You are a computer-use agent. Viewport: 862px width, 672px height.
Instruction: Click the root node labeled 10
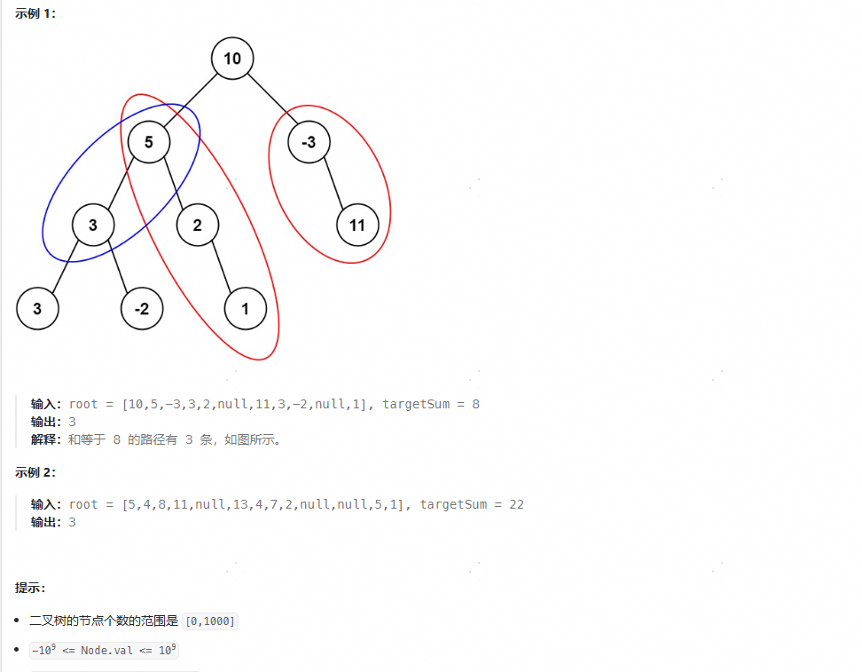coord(232,59)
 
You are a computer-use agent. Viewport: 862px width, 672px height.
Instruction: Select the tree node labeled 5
coord(148,142)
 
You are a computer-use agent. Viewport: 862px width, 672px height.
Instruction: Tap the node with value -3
coord(310,142)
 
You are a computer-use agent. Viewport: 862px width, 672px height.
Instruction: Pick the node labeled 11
coord(357,225)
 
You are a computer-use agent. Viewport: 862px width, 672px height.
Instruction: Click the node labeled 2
coord(197,225)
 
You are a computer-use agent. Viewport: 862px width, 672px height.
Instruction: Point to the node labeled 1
coord(246,309)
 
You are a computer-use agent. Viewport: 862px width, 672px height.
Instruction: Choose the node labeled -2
coord(142,309)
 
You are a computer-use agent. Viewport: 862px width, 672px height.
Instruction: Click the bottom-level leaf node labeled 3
coord(37,309)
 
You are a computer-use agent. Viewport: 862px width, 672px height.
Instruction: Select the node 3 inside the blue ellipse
coord(92,225)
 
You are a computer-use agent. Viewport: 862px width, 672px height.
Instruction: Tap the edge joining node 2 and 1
coord(221,267)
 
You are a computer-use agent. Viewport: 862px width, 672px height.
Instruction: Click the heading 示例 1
coord(35,13)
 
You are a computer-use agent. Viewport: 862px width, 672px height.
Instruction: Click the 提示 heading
coord(30,588)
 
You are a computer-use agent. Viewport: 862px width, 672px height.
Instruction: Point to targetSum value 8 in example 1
coord(475,404)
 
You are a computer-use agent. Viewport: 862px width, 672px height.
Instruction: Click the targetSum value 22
coord(516,504)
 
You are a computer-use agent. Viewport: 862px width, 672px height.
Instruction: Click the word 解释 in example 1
coord(46,439)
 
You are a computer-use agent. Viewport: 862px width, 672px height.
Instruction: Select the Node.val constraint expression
coord(104,651)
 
